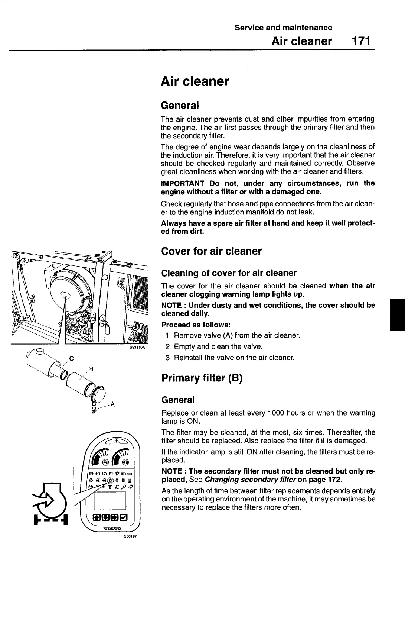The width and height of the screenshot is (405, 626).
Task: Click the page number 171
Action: pyautogui.click(x=361, y=41)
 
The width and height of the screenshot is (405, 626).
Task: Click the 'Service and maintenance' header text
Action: pyautogui.click(x=283, y=28)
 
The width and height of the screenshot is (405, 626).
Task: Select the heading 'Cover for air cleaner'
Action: pyautogui.click(x=211, y=251)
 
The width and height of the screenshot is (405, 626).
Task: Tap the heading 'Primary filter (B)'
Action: pyautogui.click(x=202, y=378)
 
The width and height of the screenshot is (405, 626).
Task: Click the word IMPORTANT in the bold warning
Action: pyautogui.click(x=182, y=183)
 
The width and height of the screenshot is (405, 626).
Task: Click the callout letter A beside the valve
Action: pyautogui.click(x=112, y=405)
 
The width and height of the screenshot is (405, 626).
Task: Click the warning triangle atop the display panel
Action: pyautogui.click(x=116, y=442)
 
